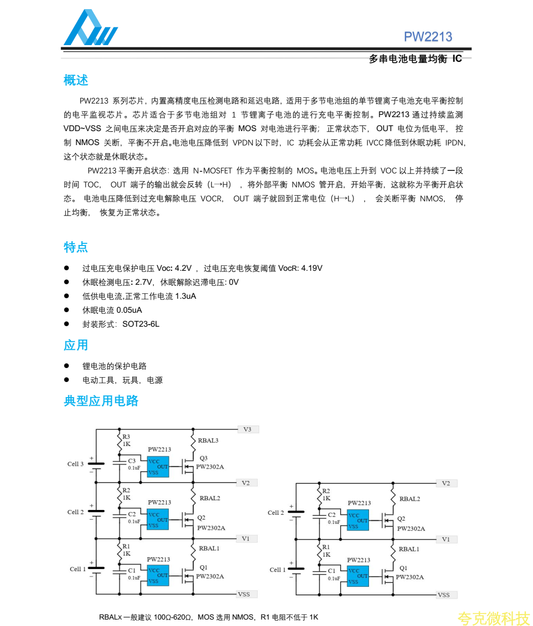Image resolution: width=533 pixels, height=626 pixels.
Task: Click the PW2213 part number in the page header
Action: (x=428, y=37)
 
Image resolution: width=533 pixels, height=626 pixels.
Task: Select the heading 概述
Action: (x=76, y=81)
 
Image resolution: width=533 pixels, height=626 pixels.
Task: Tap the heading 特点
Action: (x=76, y=248)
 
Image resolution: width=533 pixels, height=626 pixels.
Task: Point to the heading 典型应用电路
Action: (x=101, y=401)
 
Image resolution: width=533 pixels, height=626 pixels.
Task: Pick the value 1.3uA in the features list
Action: (x=186, y=296)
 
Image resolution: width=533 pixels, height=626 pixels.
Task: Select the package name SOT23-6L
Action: (x=141, y=324)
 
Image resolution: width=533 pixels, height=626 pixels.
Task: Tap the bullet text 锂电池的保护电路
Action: (x=115, y=366)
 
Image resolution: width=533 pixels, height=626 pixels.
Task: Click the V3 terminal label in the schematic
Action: (x=247, y=429)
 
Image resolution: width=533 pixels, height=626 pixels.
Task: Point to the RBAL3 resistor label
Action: (x=208, y=441)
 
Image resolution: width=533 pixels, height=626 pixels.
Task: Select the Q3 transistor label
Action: (x=203, y=458)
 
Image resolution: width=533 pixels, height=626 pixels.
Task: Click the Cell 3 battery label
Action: (x=75, y=464)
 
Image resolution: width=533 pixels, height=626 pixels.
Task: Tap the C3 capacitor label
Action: (x=132, y=461)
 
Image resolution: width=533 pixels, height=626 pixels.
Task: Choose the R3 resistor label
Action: (x=126, y=437)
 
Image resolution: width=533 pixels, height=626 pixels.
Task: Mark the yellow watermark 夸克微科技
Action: (x=493, y=618)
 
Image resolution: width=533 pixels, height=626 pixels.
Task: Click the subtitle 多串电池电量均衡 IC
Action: (x=415, y=59)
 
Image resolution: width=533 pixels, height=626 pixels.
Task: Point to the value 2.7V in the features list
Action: (x=144, y=282)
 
